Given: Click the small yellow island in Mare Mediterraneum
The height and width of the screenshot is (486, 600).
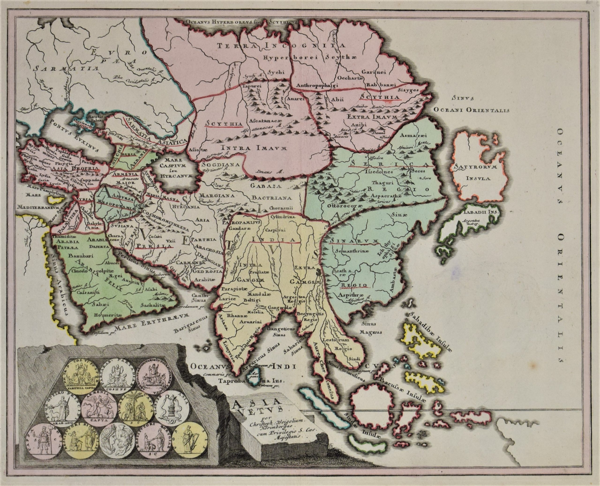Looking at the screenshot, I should coord(55,199).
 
